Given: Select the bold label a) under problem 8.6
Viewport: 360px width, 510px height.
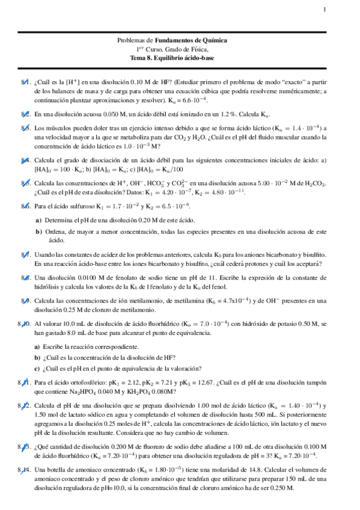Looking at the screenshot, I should pos(37,219).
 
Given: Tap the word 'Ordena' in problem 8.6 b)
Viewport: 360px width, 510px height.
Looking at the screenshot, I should pos(56,231).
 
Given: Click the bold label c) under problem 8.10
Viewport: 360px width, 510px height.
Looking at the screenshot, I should pos(37,368).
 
